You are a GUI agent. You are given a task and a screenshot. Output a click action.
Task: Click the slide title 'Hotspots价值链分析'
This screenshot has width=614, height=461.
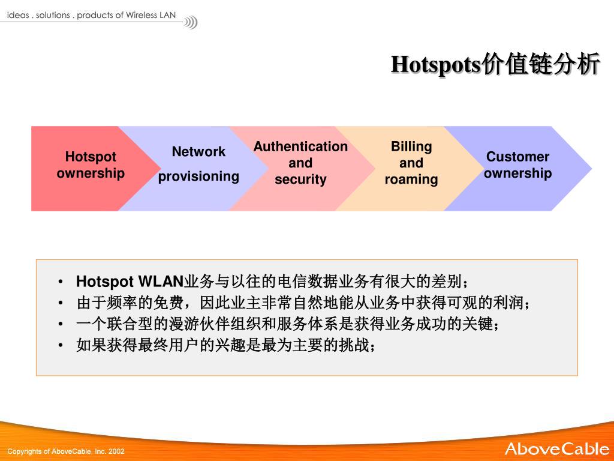point(495,65)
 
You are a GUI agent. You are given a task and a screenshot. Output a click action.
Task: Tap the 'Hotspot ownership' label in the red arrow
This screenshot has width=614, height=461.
point(91,165)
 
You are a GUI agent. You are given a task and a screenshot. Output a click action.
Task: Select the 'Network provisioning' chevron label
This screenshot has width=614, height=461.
point(198,164)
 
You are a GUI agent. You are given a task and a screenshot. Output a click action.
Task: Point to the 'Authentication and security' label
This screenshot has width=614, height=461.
point(300,163)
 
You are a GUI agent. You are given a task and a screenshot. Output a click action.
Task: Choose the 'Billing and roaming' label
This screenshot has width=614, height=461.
point(411,163)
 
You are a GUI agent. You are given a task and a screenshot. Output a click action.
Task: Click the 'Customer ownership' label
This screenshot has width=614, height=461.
point(517,165)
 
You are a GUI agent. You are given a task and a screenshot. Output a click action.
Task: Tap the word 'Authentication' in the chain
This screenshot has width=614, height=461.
point(300,146)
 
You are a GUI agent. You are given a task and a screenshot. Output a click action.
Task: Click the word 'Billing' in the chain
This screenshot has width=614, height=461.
point(411,146)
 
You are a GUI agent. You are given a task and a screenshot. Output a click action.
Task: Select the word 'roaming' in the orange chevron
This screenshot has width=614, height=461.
point(411,179)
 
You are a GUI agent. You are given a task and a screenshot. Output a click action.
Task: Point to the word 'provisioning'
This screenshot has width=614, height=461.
point(198,176)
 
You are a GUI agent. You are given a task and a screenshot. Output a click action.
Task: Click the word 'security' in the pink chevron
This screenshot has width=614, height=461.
point(300,179)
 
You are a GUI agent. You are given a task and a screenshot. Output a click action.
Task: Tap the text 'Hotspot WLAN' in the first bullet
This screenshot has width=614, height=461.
point(129,282)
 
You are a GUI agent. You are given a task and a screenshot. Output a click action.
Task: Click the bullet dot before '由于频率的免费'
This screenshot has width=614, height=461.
point(61,303)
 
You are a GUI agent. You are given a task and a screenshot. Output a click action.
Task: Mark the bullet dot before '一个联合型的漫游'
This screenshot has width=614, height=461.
point(61,324)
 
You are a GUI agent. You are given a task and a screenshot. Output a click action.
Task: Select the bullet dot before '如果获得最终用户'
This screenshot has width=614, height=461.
point(61,345)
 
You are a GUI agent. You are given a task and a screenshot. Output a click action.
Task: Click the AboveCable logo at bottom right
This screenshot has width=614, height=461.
point(556,448)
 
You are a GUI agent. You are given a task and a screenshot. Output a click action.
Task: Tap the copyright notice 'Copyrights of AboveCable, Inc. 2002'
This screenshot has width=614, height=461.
point(66,451)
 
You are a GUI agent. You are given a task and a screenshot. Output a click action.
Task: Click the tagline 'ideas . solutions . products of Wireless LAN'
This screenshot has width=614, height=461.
point(91,15)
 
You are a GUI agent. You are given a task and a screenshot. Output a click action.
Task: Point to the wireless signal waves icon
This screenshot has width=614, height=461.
point(191,23)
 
